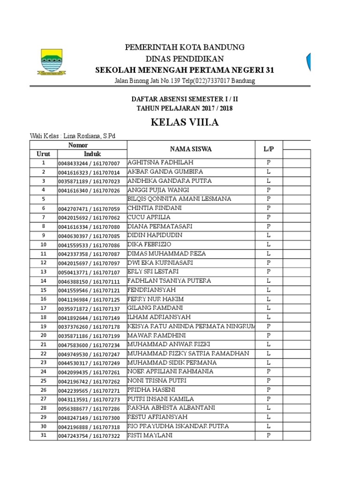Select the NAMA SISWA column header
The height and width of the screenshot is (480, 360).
tap(191, 149)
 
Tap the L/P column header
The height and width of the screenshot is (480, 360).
tap(269, 149)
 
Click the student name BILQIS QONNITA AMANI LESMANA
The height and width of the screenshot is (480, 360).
tap(179, 199)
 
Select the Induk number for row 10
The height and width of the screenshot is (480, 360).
tap(89, 245)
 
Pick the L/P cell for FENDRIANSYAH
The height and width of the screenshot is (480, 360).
tap(269, 290)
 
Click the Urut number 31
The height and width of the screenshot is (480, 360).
tap(44, 435)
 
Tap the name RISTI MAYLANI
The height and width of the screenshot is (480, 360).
tap(150, 435)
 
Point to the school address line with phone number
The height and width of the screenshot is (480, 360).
tap(185, 81)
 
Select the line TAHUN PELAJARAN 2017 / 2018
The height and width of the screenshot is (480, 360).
tap(185, 108)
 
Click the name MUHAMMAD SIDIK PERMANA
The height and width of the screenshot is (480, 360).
tap(172, 363)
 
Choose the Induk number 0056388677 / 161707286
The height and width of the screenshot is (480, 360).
tap(89, 408)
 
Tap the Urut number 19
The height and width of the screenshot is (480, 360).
tap(44, 326)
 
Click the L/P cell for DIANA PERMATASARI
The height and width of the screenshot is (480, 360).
tap(269, 226)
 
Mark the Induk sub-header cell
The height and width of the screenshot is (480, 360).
tap(92, 154)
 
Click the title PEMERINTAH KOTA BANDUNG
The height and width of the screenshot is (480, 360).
tap(185, 47)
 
